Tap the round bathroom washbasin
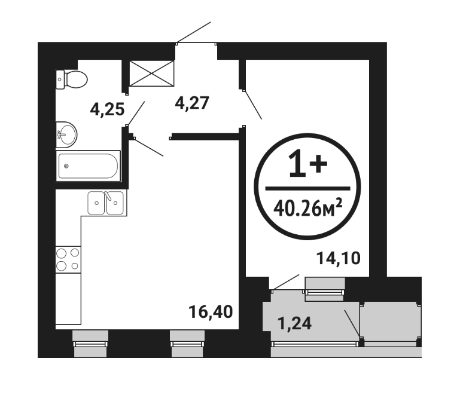(x=66, y=135)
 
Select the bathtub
(x=88, y=166)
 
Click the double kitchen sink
(x=106, y=203)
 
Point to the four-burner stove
(x=68, y=259)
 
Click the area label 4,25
(x=107, y=110)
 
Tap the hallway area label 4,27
(x=192, y=103)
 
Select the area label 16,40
(x=211, y=311)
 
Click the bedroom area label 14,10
(x=339, y=258)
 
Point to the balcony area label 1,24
(x=295, y=323)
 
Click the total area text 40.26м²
(x=308, y=208)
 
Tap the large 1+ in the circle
(x=308, y=163)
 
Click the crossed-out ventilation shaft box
(x=151, y=74)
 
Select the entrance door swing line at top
(x=194, y=32)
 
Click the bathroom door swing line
(x=136, y=114)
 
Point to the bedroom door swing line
(x=253, y=105)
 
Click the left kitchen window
(x=90, y=344)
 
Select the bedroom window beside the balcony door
(x=325, y=289)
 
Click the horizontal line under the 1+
(x=308, y=189)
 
